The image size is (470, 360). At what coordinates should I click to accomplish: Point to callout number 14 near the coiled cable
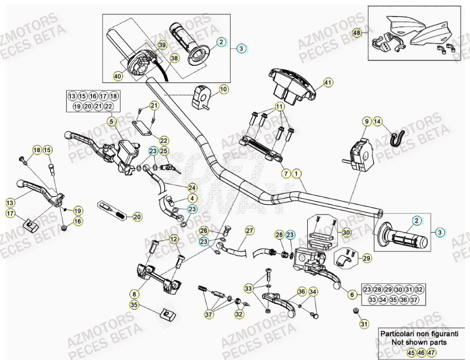[378, 121]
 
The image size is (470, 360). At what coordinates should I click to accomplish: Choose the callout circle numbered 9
[367, 121]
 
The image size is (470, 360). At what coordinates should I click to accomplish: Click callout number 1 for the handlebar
[298, 173]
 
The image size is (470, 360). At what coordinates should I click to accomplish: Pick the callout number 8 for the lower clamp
[134, 294]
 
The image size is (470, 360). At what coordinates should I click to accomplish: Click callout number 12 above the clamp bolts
[173, 239]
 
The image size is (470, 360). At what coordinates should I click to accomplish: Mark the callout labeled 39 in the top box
[162, 45]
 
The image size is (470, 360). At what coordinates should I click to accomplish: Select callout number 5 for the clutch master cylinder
[111, 121]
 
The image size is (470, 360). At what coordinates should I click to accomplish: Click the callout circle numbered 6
[352, 295]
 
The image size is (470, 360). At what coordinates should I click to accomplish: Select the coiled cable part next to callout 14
[397, 137]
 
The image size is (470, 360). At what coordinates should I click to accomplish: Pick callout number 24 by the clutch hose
[192, 187]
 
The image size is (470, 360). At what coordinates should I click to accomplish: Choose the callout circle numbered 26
[204, 230]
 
